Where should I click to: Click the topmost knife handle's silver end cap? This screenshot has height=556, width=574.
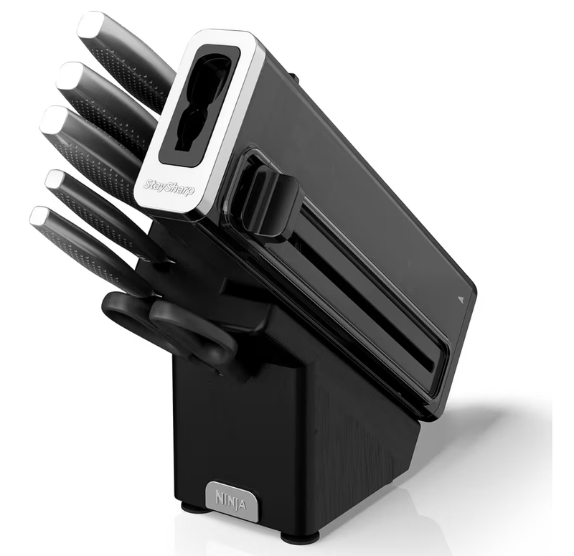tap(90, 25)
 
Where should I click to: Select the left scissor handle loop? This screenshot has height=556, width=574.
tap(129, 316)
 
